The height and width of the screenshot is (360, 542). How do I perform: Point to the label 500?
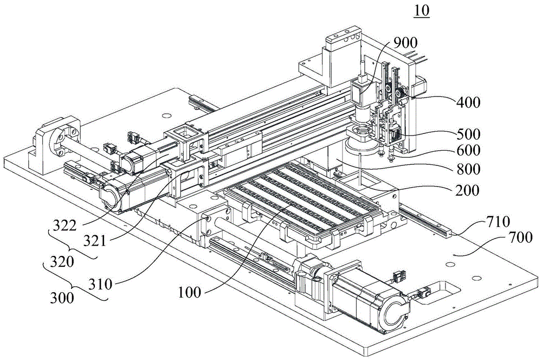[x=468, y=134]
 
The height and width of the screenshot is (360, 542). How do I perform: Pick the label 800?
[x=468, y=169]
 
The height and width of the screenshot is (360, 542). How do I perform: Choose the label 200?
[x=468, y=190]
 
